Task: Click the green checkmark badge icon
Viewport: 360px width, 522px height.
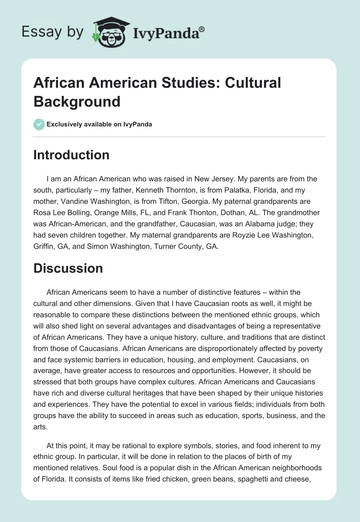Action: pos(39,124)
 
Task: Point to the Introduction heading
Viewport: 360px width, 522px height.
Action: pos(72,155)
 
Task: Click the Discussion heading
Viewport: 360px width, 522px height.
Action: pos(68,268)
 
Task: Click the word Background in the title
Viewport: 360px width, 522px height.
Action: pos(77,102)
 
